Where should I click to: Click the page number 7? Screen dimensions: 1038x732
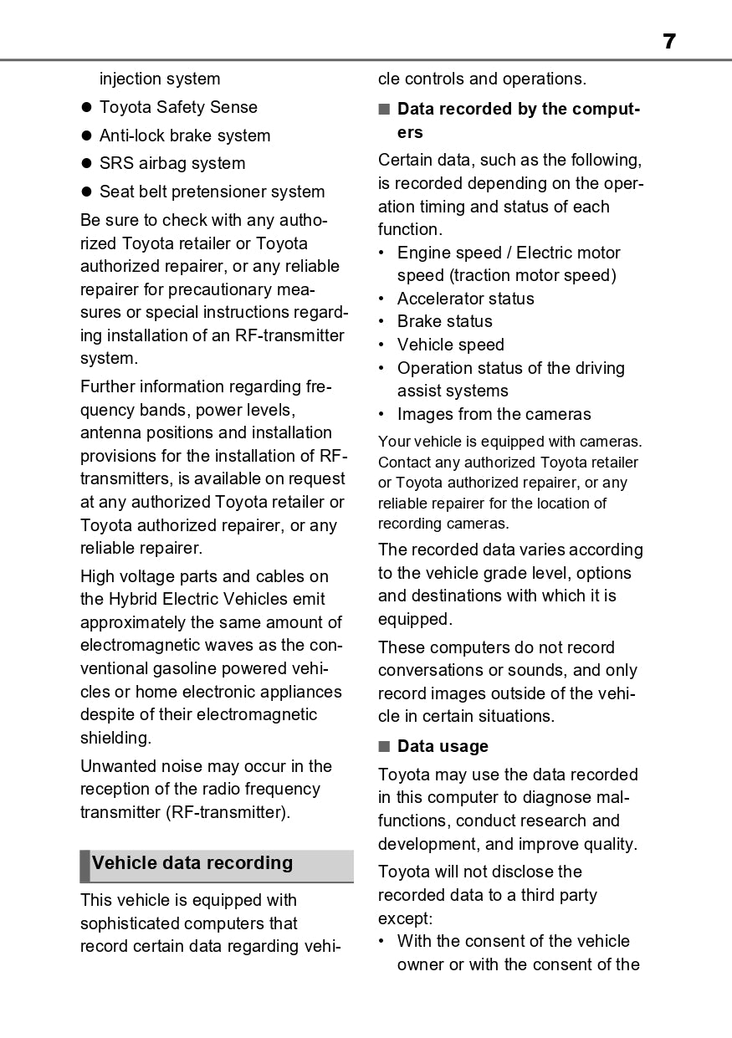click(x=668, y=41)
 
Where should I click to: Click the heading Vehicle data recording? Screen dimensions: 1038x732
click(x=192, y=863)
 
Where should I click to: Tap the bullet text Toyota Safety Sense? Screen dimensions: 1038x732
click(x=178, y=107)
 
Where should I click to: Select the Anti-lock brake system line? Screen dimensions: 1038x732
click(x=185, y=136)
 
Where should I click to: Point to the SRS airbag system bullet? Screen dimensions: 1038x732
click(x=172, y=163)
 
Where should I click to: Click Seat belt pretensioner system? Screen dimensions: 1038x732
click(x=212, y=192)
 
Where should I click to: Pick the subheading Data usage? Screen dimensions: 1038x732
click(x=443, y=746)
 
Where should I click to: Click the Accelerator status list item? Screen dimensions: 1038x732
click(x=465, y=299)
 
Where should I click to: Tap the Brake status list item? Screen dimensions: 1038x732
click(x=444, y=321)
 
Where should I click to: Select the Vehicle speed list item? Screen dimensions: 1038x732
click(x=450, y=345)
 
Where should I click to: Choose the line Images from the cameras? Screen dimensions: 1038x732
click(x=494, y=414)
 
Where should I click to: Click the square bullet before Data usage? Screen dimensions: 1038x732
click(x=384, y=746)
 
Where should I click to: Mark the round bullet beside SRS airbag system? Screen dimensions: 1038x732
click(x=85, y=164)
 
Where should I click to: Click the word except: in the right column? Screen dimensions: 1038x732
click(x=405, y=918)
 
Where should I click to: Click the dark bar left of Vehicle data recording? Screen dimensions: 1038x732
click(x=84, y=866)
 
